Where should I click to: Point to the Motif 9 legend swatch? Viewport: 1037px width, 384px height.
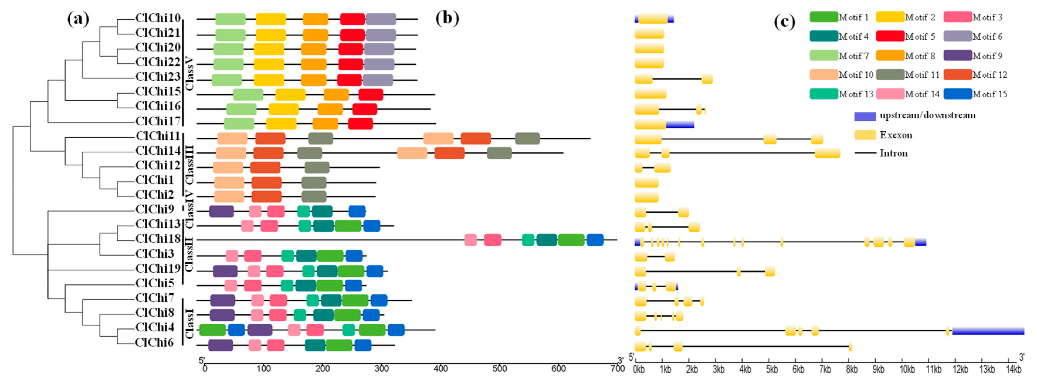957,55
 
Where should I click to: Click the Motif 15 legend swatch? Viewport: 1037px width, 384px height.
957,94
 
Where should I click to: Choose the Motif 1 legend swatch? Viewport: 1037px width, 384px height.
824,17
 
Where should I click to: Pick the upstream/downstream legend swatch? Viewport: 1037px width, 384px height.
865,116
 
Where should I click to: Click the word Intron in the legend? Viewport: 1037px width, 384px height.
893,153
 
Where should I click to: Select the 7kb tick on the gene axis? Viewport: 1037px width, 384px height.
825,369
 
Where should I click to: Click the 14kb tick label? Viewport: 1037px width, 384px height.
1014,369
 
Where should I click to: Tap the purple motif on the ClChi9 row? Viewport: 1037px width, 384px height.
221,211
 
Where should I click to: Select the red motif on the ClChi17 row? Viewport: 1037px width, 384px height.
360,124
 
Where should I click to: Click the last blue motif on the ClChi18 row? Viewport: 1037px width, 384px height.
595,240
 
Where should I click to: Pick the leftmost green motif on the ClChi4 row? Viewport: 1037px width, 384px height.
213,330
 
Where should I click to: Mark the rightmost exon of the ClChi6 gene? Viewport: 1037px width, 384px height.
850,346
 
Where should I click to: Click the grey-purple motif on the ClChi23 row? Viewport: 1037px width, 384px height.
378,80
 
